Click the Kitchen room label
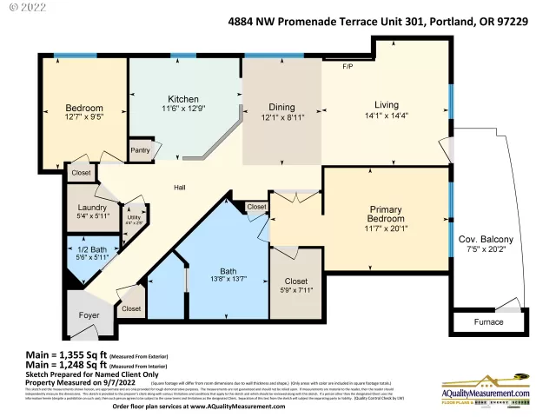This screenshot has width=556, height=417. pyautogui.click(x=183, y=99)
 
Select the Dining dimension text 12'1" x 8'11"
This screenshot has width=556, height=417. pyautogui.click(x=281, y=119)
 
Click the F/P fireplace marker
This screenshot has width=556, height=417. pyautogui.click(x=347, y=66)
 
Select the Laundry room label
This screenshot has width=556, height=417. pyautogui.click(x=92, y=208)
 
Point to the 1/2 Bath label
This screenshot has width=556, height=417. pyautogui.click(x=91, y=248)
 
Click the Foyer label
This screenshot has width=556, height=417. pyautogui.click(x=89, y=315)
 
